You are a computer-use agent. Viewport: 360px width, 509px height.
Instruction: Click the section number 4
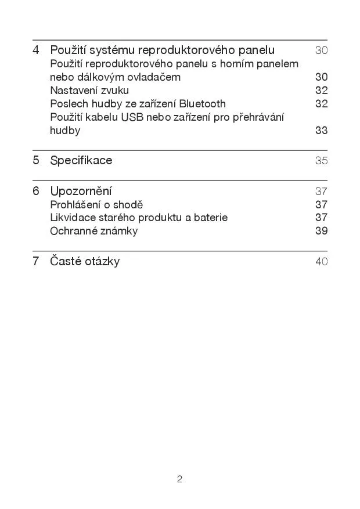[36, 50]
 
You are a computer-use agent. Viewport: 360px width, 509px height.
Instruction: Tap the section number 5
[36, 160]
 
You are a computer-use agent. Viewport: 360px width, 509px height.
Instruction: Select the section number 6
[36, 191]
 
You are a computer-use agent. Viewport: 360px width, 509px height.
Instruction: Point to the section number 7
[36, 261]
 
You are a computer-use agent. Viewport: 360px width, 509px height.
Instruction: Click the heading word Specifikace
[81, 160]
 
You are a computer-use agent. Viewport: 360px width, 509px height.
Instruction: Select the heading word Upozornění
[81, 191]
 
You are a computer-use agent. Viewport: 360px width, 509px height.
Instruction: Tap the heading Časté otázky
[85, 261]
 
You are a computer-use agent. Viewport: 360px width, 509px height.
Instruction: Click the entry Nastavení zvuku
[89, 91]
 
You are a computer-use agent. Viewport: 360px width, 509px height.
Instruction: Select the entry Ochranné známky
[94, 231]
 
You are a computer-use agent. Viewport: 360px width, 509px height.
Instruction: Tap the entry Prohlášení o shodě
[96, 204]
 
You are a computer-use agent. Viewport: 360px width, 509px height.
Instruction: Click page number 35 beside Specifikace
[321, 161]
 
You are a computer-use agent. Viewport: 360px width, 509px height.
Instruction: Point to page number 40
[321, 262]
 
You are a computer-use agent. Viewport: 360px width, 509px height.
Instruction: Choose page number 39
[321, 231]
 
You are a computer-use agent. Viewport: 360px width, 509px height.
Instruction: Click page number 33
[321, 131]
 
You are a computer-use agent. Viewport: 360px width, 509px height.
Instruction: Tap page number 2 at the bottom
[179, 479]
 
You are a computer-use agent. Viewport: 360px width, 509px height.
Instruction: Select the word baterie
[211, 218]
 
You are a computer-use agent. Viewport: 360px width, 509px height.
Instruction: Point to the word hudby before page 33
[65, 131]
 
